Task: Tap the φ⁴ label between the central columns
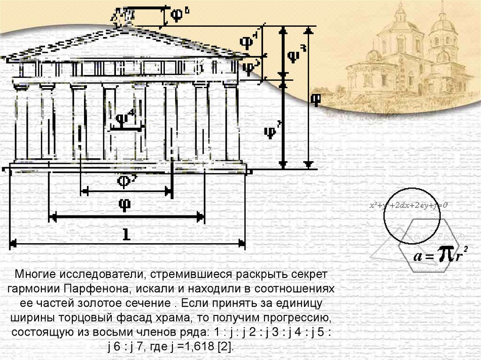point(125,118)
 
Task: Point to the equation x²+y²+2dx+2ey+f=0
point(408,205)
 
